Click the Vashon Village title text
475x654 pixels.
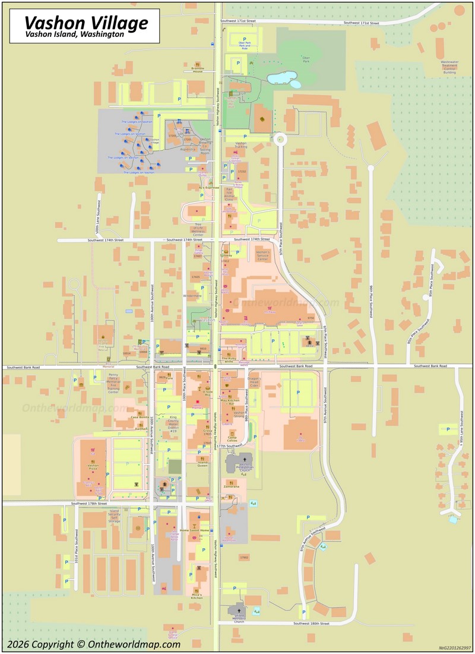click(x=86, y=23)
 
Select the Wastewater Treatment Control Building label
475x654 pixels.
click(x=449, y=67)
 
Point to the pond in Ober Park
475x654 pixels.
click(x=282, y=78)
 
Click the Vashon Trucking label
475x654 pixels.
click(x=240, y=145)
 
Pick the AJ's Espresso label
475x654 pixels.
click(x=209, y=188)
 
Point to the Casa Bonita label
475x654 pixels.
click(x=140, y=417)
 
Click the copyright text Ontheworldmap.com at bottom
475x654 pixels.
click(x=93, y=644)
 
